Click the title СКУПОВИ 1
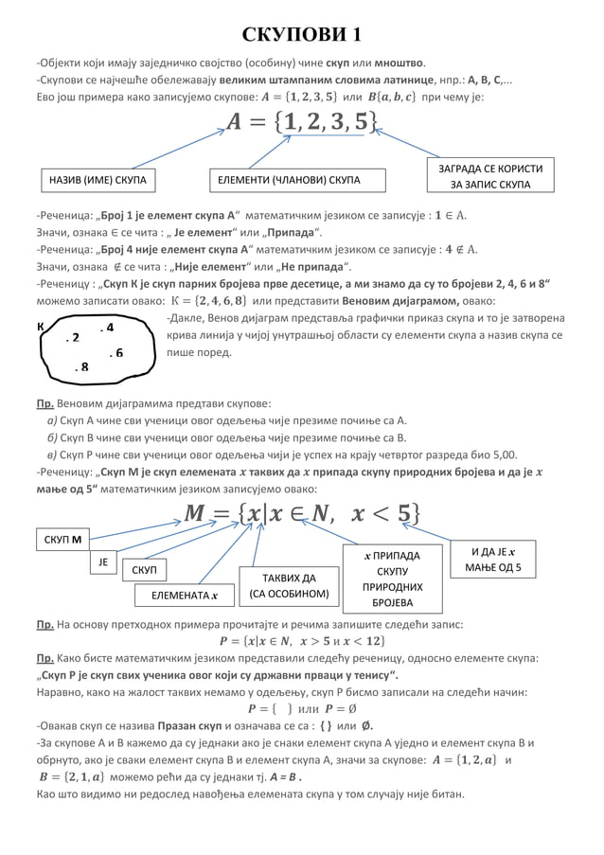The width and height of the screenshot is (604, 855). pyautogui.click(x=301, y=35)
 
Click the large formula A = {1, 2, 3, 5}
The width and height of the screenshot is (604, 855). pyautogui.click(x=301, y=121)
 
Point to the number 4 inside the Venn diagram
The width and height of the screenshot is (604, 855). pyautogui.click(x=106, y=328)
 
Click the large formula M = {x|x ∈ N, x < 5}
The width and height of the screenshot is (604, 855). pyautogui.click(x=301, y=513)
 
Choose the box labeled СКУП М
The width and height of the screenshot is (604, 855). pyautogui.click(x=62, y=541)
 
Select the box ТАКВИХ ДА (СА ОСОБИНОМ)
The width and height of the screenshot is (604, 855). pyautogui.click(x=289, y=586)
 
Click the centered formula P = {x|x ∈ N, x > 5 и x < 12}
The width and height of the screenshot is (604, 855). pyautogui.click(x=301, y=641)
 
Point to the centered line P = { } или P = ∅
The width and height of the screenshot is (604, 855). pyautogui.click(x=301, y=708)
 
